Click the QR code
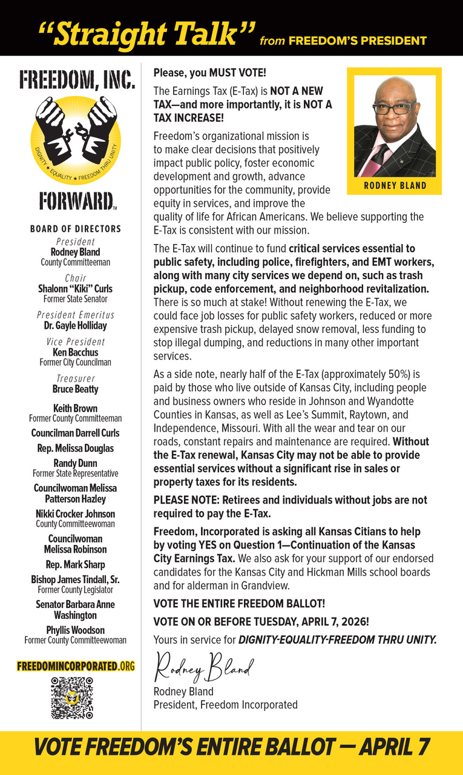(x=71, y=697)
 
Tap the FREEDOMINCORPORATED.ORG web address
(x=76, y=666)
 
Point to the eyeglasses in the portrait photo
(x=394, y=109)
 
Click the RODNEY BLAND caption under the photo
(x=395, y=186)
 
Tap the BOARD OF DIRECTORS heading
(x=76, y=229)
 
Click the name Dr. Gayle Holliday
(x=76, y=326)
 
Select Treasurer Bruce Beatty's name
(x=76, y=389)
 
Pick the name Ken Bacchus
(x=76, y=352)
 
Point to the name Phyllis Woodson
(x=76, y=630)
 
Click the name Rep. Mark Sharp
(x=76, y=564)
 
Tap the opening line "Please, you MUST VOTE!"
(x=209, y=73)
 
